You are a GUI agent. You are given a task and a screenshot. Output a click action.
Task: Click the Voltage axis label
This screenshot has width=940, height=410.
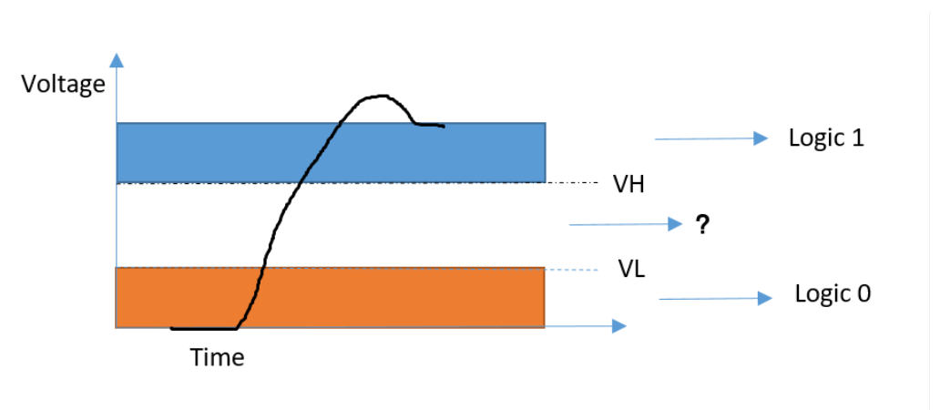click(x=64, y=85)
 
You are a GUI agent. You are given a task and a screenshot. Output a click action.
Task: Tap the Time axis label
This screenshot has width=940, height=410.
click(x=217, y=357)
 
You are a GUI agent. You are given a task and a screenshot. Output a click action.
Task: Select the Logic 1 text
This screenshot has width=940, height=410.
click(x=826, y=138)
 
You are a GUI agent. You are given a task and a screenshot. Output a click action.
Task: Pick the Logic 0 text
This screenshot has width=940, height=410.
click(x=833, y=294)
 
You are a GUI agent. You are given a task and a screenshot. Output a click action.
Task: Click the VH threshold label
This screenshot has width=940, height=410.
click(x=629, y=185)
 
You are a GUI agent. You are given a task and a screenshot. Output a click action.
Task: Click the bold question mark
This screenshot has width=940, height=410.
click(x=702, y=225)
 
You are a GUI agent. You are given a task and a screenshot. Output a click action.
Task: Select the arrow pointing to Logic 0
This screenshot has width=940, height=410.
click(x=716, y=298)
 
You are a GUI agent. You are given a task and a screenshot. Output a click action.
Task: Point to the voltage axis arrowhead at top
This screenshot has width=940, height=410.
click(x=116, y=60)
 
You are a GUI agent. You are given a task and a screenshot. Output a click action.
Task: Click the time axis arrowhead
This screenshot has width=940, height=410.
click(x=618, y=325)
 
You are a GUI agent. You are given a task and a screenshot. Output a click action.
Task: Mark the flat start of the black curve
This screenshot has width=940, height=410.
click(x=202, y=327)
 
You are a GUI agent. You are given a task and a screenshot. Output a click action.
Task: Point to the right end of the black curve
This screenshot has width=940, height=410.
click(x=443, y=126)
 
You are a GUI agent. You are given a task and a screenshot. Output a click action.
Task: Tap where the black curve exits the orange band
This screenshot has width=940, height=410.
click(x=263, y=267)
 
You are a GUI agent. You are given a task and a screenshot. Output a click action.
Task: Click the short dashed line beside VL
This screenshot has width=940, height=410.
click(x=567, y=269)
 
